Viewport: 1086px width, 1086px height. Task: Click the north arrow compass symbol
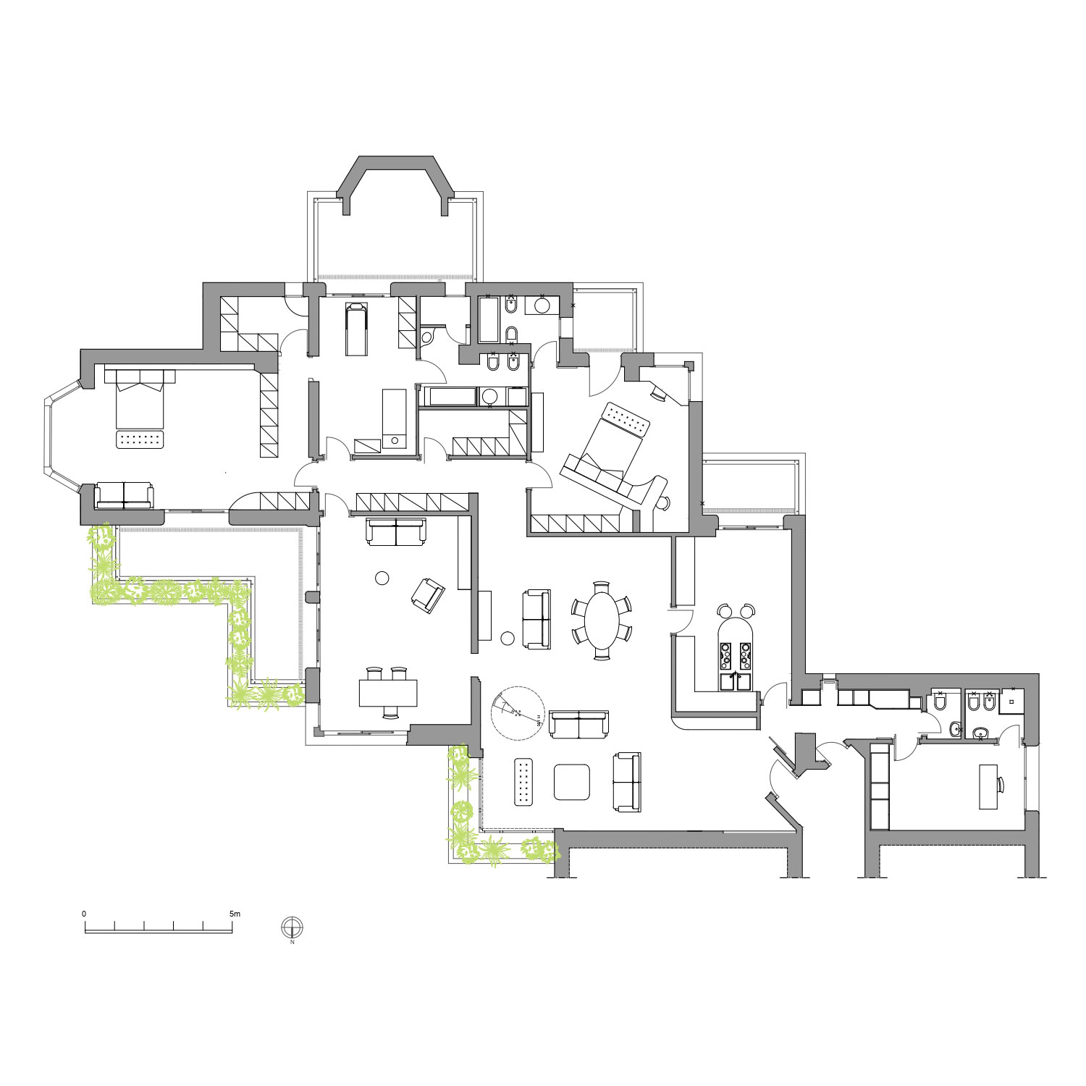point(292,927)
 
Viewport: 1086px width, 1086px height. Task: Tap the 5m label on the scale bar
point(235,914)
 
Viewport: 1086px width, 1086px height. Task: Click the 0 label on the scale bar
point(84,914)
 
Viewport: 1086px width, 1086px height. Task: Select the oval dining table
point(602,620)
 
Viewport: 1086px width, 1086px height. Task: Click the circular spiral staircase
point(518,713)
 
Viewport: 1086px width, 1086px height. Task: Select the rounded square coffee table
point(572,783)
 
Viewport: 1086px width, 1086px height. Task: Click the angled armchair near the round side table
point(428,595)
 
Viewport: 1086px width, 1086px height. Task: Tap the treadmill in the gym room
point(355,329)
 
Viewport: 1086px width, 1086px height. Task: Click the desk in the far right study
point(988,786)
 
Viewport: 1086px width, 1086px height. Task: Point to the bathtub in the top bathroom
point(489,319)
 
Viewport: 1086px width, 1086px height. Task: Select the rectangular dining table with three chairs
point(389,693)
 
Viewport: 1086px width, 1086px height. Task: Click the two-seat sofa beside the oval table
point(536,619)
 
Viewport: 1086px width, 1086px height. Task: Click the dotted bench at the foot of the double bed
point(140,440)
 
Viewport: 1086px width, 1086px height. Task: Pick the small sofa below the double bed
point(124,495)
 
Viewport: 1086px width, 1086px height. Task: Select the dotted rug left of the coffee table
point(524,782)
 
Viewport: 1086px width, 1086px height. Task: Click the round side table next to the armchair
point(382,578)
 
